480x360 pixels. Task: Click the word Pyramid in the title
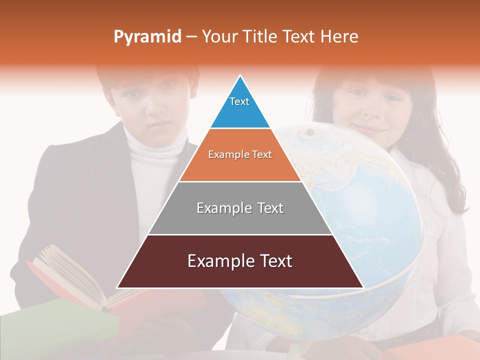[147, 37]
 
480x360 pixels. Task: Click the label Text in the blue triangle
[239, 101]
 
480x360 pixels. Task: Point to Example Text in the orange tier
[240, 154]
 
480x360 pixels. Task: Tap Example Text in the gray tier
[240, 208]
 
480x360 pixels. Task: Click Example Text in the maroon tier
[240, 261]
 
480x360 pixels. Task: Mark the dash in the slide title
[191, 37]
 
